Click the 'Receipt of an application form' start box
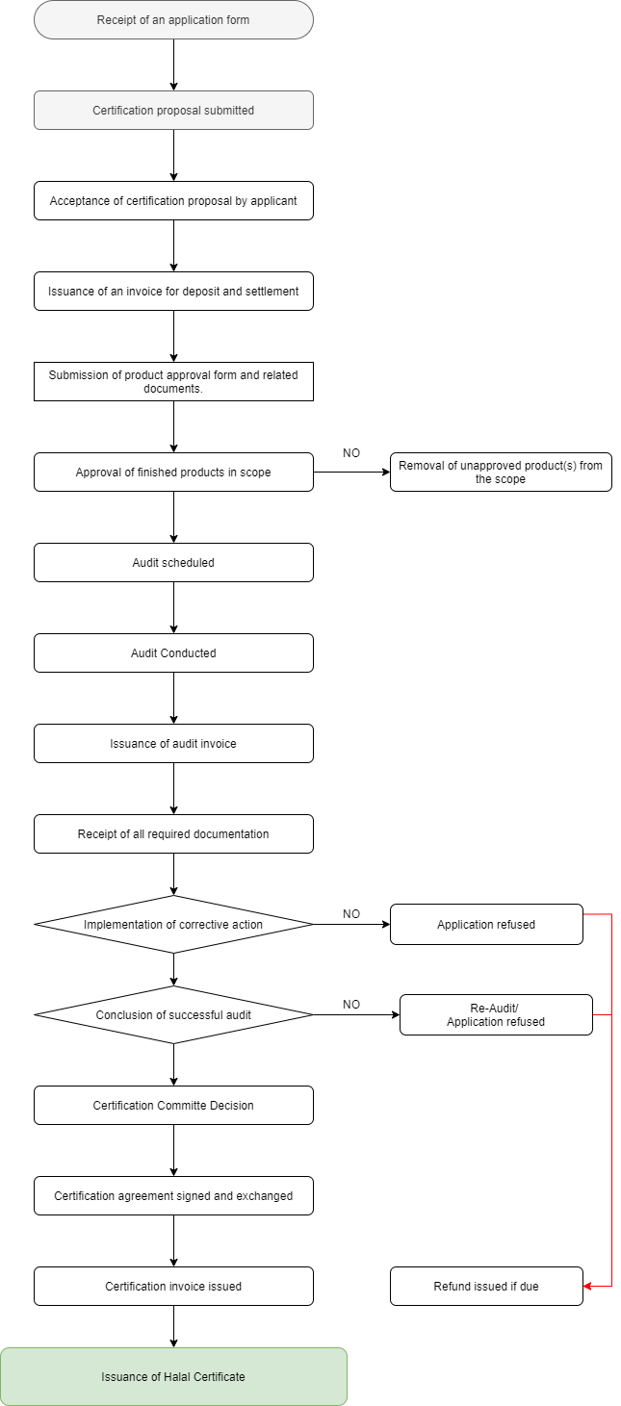click(x=173, y=20)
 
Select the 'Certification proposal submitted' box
click(x=173, y=111)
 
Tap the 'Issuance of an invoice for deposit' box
click(x=173, y=292)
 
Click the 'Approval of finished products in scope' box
click(x=173, y=472)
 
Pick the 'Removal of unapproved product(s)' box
click(x=501, y=472)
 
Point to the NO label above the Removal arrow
click(x=351, y=453)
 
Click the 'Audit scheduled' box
click(x=173, y=562)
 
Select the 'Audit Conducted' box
click(x=173, y=652)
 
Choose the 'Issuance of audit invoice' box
click(x=173, y=743)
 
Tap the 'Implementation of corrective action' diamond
click(x=173, y=924)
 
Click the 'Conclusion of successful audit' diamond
click(x=173, y=1014)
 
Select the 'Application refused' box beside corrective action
click(x=486, y=924)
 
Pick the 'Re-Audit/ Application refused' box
click(x=496, y=1014)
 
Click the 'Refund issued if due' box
click(x=486, y=1286)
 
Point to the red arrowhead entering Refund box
click(x=587, y=1286)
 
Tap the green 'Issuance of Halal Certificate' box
click(x=173, y=1376)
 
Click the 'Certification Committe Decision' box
click(x=173, y=1106)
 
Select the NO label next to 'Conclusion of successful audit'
click(x=351, y=1005)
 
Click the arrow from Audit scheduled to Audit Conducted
click(x=174, y=607)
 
